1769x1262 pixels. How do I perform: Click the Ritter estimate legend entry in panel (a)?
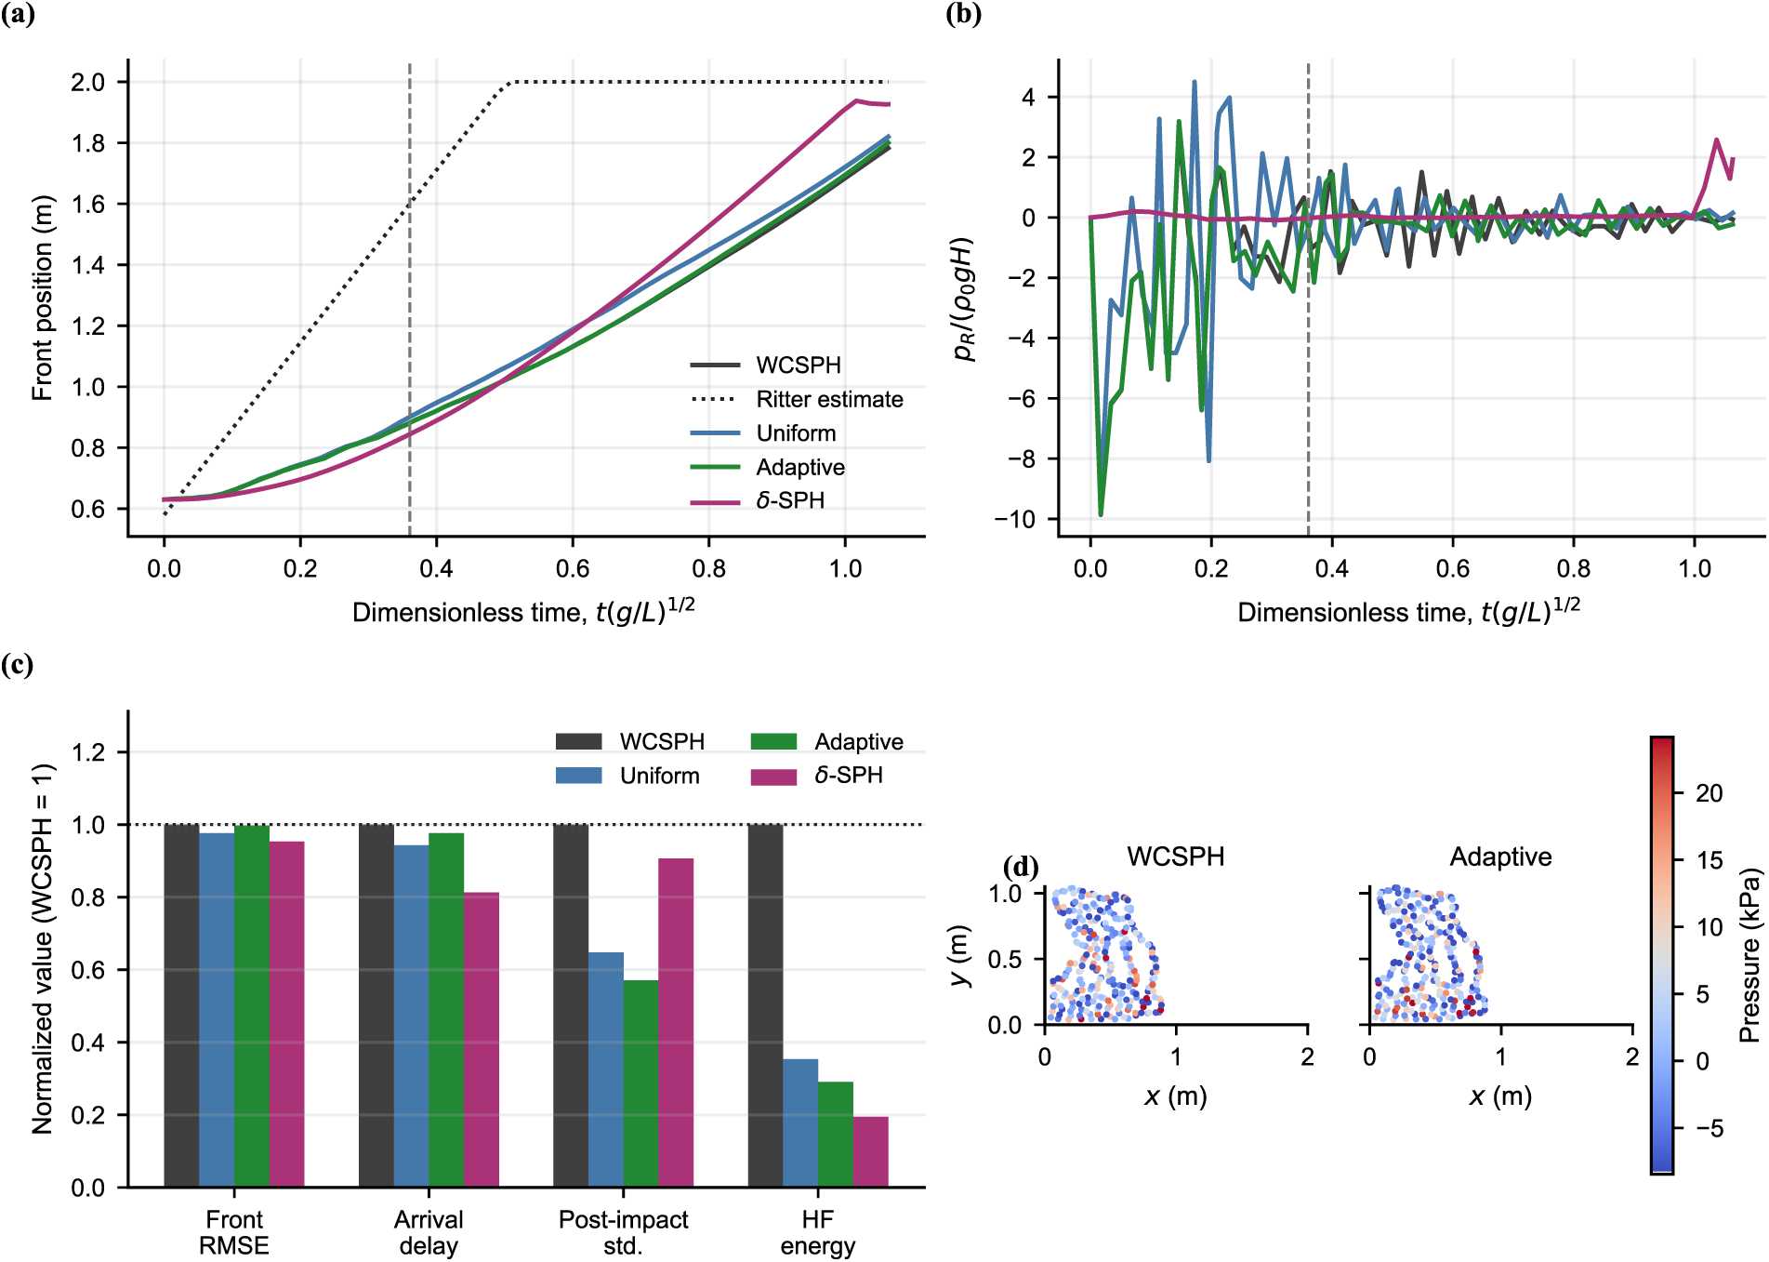pos(797,400)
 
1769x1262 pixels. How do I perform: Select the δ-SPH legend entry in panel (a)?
pos(758,501)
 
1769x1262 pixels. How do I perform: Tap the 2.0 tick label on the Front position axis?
pos(87,82)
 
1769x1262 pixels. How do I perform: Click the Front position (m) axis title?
pos(42,298)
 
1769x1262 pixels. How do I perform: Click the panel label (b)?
pos(963,14)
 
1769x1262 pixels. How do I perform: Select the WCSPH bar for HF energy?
pos(765,1006)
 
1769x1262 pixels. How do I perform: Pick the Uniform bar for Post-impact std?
pos(606,1070)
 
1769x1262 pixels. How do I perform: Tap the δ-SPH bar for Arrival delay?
pos(482,1040)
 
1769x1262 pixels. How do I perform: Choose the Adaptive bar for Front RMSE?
pos(252,1006)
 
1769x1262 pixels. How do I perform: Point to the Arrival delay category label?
pos(429,1232)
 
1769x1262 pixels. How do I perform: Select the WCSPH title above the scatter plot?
pos(1176,857)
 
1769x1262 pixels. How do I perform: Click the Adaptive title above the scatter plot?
pos(1500,857)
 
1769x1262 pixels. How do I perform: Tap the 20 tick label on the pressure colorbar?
pos(1709,793)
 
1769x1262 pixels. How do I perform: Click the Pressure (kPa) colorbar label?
pos(1749,955)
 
